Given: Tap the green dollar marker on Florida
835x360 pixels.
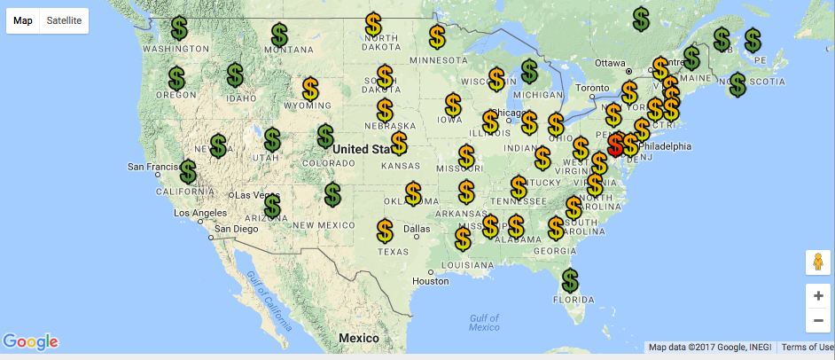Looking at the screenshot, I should tap(570, 281).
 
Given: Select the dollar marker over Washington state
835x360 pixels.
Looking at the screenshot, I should tap(179, 28).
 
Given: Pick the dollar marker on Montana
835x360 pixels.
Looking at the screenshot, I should tap(279, 35).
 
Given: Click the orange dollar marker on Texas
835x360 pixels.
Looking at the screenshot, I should tap(385, 231).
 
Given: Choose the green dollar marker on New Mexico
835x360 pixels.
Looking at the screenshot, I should tap(332, 194).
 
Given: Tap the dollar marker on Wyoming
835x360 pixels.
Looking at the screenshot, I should tap(310, 89).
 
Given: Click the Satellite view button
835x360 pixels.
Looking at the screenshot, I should tap(64, 20).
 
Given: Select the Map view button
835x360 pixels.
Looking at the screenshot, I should tap(23, 20).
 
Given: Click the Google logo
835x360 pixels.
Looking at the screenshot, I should tap(30, 341).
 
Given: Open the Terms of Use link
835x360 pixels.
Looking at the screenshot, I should tap(806, 347).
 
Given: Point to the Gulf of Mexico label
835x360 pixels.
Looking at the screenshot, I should tap(484, 322).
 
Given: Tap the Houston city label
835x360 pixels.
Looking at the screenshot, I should tap(431, 281).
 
